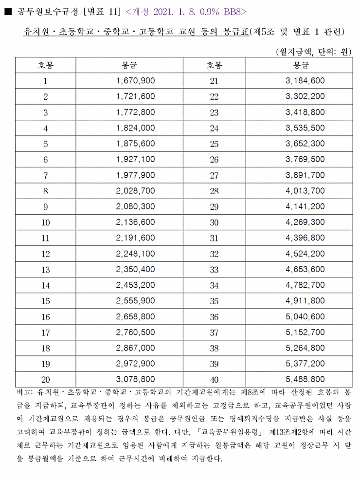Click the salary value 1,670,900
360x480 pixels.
[136, 81]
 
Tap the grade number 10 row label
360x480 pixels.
[46, 223]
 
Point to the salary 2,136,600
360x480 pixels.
[136, 223]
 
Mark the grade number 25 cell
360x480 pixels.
[215, 144]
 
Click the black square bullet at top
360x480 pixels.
[7, 10]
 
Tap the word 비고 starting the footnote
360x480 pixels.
[22, 392]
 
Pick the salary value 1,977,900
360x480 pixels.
[136, 176]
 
